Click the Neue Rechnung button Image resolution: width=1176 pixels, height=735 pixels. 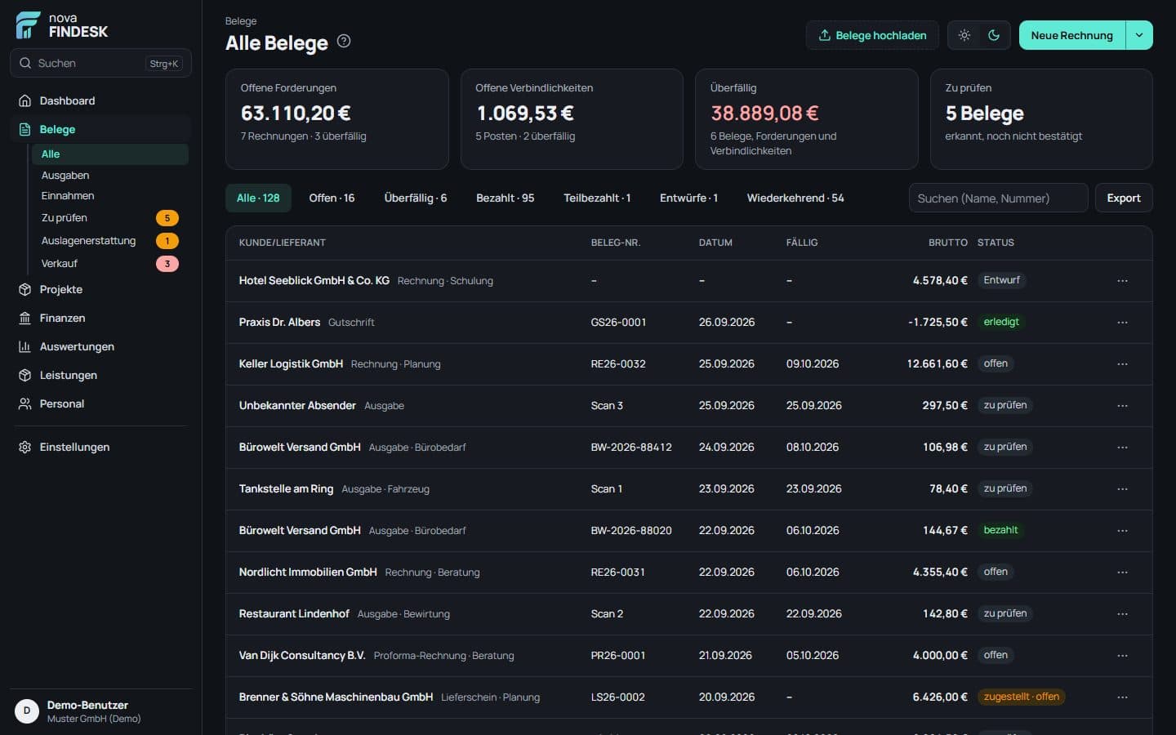click(x=1071, y=35)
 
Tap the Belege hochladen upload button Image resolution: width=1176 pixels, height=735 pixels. click(x=872, y=35)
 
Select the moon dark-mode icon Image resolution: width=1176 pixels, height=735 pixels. click(x=993, y=35)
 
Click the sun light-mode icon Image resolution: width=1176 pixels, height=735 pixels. click(x=964, y=35)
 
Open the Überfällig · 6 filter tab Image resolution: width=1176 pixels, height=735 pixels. click(x=415, y=198)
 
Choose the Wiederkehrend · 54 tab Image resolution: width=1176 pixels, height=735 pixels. click(x=795, y=198)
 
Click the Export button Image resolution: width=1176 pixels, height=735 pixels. click(x=1124, y=198)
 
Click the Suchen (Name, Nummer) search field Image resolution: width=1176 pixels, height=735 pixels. click(x=998, y=198)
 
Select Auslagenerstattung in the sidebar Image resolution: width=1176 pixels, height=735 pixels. click(x=88, y=240)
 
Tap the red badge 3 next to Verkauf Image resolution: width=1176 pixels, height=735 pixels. click(x=167, y=264)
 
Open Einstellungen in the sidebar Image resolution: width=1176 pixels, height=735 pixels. click(x=74, y=447)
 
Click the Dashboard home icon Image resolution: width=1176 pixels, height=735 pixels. click(x=24, y=100)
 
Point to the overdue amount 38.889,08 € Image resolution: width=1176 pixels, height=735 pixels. click(x=764, y=113)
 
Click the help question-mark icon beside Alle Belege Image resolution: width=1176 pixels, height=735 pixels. click(x=343, y=41)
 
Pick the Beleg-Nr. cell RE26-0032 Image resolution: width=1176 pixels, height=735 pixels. click(x=618, y=363)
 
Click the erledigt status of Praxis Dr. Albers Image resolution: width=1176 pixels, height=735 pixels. click(x=1000, y=321)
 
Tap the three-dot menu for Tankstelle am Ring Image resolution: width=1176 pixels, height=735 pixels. click(x=1122, y=488)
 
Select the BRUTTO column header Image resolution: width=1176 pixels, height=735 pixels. click(x=947, y=243)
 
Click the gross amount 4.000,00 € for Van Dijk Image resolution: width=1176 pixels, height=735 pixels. click(x=940, y=655)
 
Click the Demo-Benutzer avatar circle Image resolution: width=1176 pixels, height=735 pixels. click(x=27, y=710)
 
